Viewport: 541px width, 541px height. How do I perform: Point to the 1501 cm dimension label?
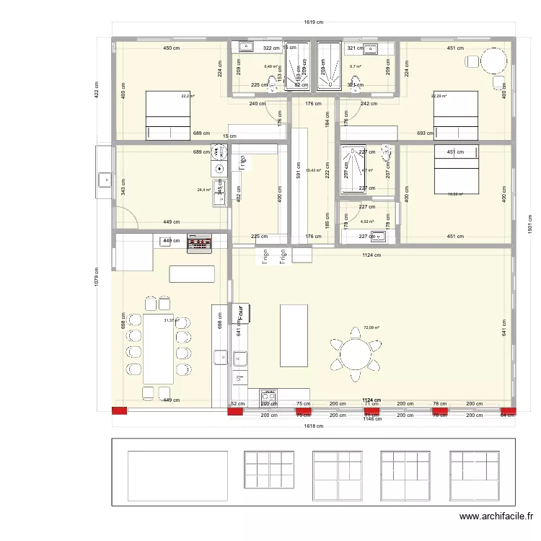(530, 225)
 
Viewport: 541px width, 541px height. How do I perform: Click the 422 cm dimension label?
(97, 90)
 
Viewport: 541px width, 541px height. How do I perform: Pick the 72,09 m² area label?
(371, 327)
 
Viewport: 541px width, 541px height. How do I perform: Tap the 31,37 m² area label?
(171, 320)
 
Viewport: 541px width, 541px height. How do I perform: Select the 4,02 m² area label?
(368, 221)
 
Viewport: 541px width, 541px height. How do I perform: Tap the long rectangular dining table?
(159, 348)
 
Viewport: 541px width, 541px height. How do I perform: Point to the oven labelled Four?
(239, 312)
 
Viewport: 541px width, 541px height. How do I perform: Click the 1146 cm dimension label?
(371, 419)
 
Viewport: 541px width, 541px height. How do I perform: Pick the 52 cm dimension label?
(235, 405)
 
